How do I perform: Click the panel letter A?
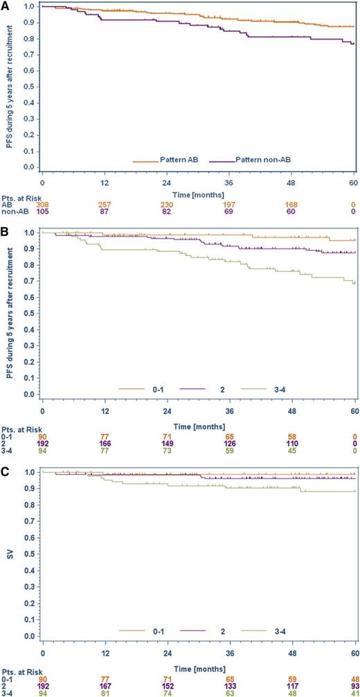[6, 5]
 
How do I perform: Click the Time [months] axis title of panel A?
[198, 197]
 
